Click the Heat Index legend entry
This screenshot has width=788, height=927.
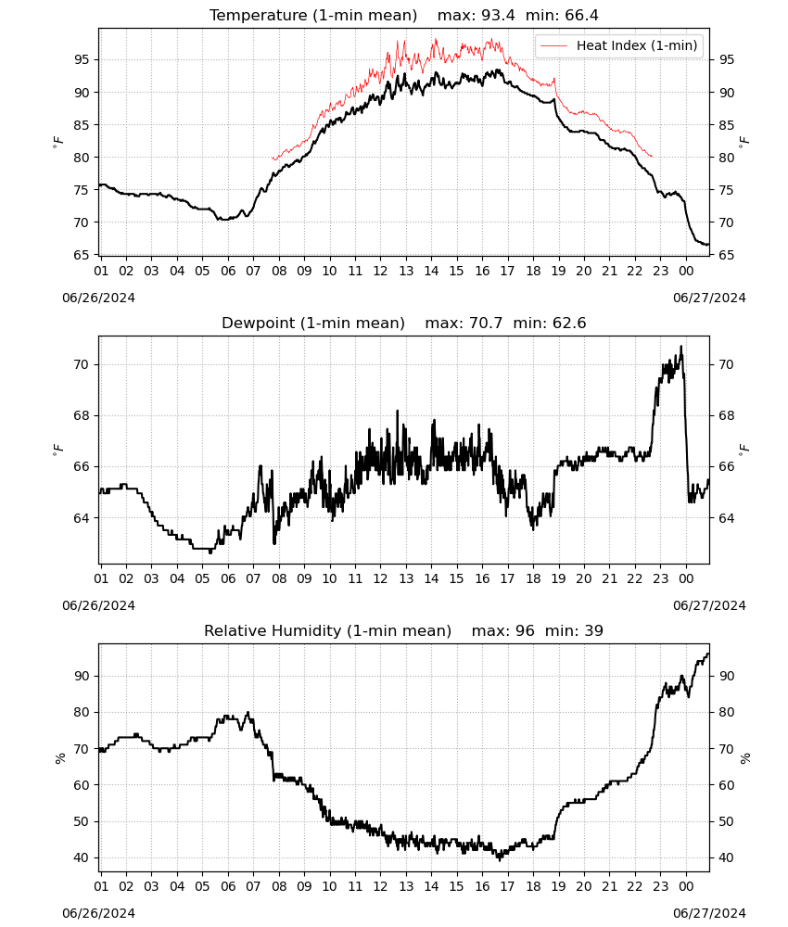[x=619, y=45]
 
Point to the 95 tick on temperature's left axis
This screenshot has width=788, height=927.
[x=82, y=59]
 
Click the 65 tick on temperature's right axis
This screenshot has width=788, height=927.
[x=726, y=256]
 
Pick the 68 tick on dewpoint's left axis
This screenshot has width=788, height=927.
[x=82, y=415]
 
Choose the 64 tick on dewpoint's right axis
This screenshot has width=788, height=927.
[x=726, y=518]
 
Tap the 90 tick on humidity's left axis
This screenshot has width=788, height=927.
[x=82, y=677]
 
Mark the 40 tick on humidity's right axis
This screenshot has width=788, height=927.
[x=726, y=857]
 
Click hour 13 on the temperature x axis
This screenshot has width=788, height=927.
[x=406, y=271]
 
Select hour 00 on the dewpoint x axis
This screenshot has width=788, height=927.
[x=686, y=578]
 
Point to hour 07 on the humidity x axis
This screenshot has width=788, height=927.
[x=253, y=887]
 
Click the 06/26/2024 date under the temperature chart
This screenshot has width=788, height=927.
[x=98, y=298]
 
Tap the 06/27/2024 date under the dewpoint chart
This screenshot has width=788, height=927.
[x=709, y=605]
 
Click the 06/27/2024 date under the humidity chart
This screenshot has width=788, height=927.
[x=709, y=913]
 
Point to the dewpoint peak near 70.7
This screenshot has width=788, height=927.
[x=681, y=347]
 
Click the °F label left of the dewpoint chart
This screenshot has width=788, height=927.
[x=57, y=450]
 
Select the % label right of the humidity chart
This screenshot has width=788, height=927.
[x=744, y=758]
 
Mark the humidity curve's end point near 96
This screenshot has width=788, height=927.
[x=708, y=654]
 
